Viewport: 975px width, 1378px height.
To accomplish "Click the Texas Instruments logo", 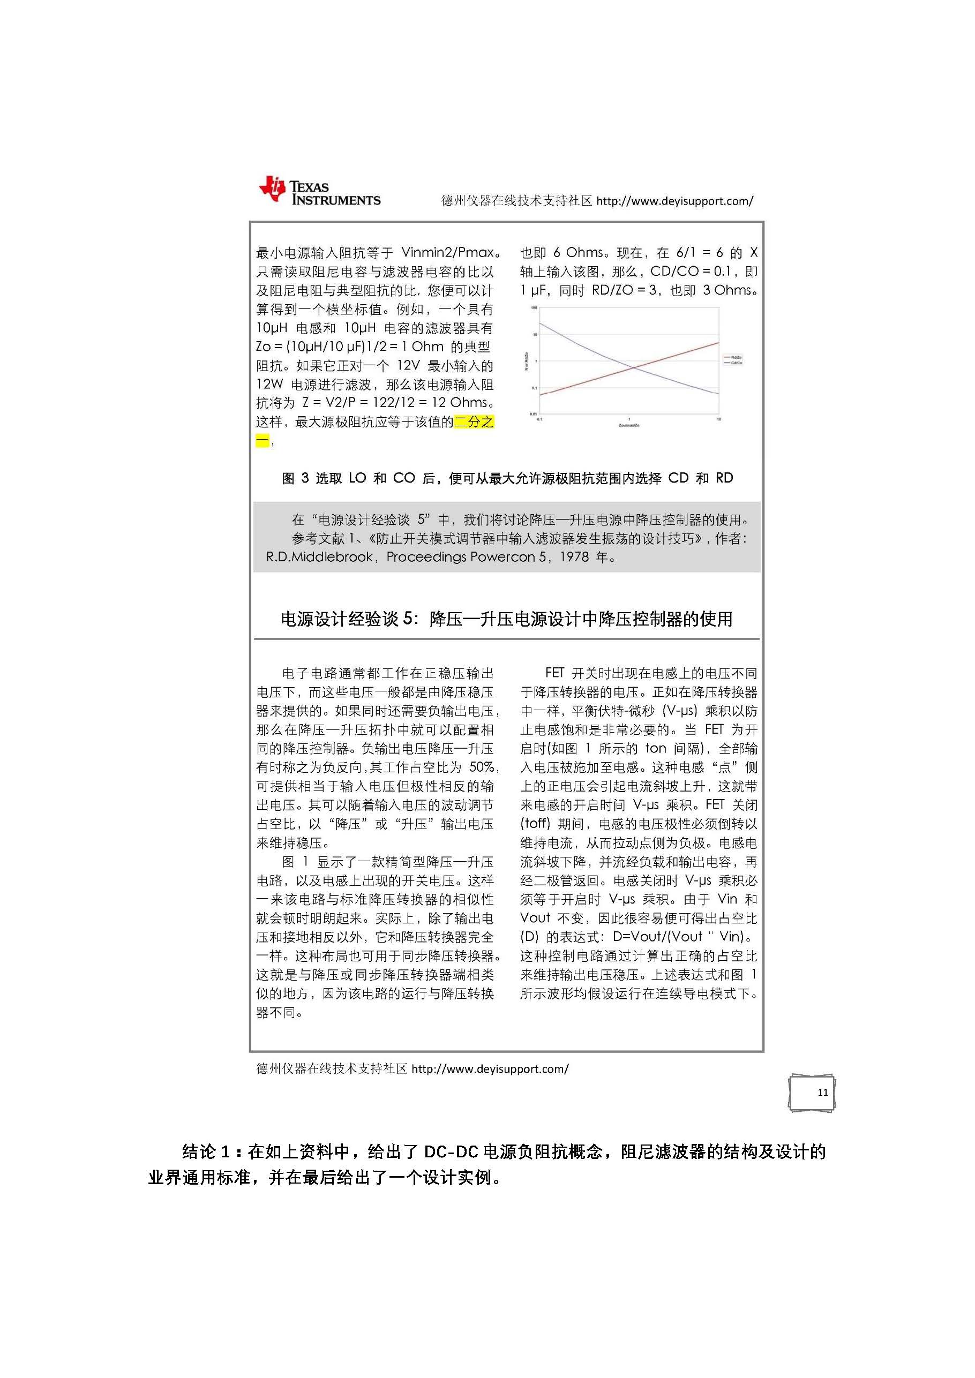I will pyautogui.click(x=319, y=191).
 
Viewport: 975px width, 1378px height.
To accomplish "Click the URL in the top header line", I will pyautogui.click(x=674, y=201).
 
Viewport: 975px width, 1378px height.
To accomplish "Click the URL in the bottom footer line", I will pyautogui.click(x=490, y=1068).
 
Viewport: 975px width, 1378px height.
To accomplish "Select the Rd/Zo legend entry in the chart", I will pyautogui.click(x=736, y=358).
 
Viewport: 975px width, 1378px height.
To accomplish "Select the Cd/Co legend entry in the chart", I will pyautogui.click(x=736, y=363).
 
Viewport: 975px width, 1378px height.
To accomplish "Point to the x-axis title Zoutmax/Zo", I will pyautogui.click(x=628, y=425).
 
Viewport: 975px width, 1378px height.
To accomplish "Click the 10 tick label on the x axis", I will pyautogui.click(x=718, y=419).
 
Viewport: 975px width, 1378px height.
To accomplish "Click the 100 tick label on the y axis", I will pyautogui.click(x=534, y=308).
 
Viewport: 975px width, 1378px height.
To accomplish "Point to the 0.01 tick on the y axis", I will pyautogui.click(x=533, y=413).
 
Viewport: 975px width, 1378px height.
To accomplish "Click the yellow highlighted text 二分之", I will pyautogui.click(x=474, y=422).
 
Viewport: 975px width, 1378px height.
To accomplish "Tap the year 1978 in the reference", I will pyautogui.click(x=574, y=557).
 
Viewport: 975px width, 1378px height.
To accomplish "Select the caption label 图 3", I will pyautogui.click(x=295, y=478).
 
